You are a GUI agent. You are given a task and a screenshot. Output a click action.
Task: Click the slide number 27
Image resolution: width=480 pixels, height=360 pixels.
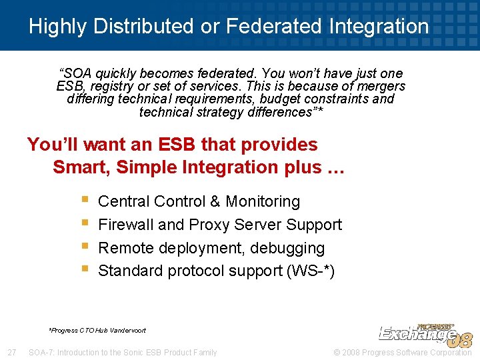pos(11,352)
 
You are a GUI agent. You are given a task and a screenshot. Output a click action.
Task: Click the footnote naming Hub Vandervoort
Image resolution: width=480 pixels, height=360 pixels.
pos(97,330)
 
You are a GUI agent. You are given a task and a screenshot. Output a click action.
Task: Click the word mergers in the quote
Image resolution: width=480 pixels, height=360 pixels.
pos(381,86)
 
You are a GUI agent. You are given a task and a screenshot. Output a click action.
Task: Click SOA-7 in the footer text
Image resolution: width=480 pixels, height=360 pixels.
pos(42,352)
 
